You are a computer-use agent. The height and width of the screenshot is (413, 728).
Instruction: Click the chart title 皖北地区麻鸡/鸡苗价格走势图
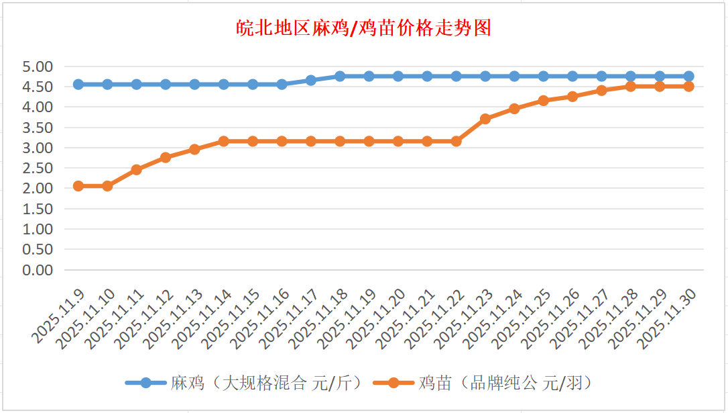click(x=365, y=28)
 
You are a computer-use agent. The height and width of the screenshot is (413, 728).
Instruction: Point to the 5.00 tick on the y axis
click(x=38, y=66)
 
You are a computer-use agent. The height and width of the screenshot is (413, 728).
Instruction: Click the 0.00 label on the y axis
click(x=38, y=269)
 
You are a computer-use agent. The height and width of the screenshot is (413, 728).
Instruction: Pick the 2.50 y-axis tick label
click(x=38, y=168)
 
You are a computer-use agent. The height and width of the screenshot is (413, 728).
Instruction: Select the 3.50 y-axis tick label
click(x=38, y=128)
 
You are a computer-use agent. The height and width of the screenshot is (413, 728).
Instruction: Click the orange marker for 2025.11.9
click(x=78, y=186)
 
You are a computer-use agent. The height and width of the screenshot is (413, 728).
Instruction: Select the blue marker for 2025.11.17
click(x=311, y=80)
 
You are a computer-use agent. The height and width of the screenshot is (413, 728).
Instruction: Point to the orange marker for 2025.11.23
click(x=485, y=119)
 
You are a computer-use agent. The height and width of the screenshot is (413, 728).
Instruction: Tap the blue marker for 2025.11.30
click(x=688, y=76)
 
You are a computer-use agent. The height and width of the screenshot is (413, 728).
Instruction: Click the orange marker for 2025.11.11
click(x=136, y=169)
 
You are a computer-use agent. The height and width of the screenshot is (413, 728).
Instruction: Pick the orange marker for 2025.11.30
click(x=688, y=87)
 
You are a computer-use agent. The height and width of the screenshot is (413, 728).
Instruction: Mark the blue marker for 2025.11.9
click(x=78, y=84)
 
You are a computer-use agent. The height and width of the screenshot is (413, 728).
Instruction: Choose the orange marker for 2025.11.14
click(x=224, y=141)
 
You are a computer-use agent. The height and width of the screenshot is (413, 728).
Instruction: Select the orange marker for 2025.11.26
click(x=572, y=96)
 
